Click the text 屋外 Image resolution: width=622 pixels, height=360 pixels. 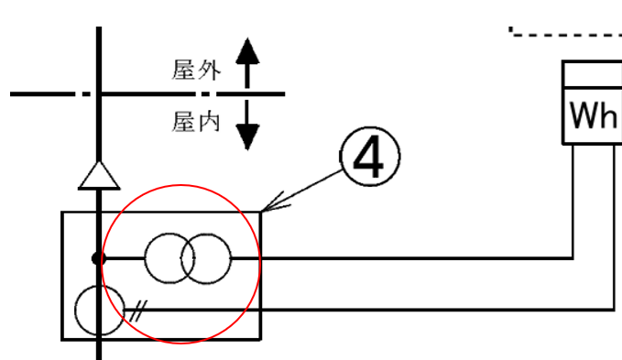pos(196,70)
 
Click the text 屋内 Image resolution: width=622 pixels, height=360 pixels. pos(196,121)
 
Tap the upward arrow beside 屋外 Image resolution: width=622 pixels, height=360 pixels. pos(245,62)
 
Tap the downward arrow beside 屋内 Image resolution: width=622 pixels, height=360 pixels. pos(245,125)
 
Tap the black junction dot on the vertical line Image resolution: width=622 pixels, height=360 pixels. pos(99,259)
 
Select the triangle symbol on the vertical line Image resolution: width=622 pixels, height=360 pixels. pos(99,175)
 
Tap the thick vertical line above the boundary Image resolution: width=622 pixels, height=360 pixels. pos(99,55)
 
